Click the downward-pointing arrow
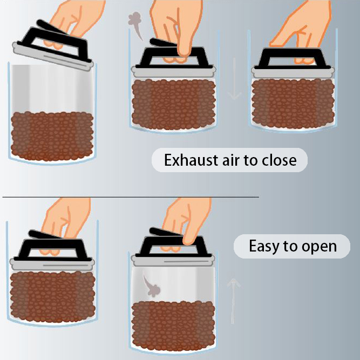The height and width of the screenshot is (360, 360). [234, 79]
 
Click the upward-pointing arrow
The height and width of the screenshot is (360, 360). [233, 301]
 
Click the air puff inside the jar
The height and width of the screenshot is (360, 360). [151, 284]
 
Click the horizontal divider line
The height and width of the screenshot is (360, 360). [131, 197]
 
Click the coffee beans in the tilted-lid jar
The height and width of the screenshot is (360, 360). [52, 137]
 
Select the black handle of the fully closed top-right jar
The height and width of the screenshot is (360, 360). [293, 59]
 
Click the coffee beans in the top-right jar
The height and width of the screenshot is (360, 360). [293, 103]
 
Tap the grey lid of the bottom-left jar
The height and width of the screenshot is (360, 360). [52, 264]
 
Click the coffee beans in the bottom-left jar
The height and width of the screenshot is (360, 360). [52, 297]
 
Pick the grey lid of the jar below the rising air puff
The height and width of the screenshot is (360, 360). [174, 71]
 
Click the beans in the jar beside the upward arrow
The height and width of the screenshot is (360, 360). [174, 326]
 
